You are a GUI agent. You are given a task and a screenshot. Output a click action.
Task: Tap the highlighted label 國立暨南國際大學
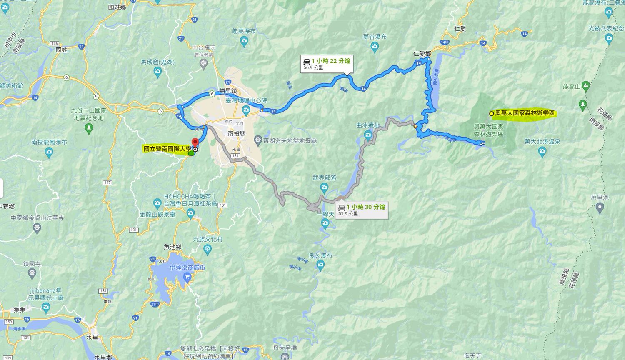(167, 149)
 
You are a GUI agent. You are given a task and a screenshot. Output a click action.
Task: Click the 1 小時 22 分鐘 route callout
(327, 63)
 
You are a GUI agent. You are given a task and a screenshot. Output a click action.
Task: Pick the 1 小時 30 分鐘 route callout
(362, 210)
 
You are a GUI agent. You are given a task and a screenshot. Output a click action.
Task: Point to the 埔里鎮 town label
(228, 91)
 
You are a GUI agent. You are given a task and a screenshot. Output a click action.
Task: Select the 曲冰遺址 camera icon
(368, 134)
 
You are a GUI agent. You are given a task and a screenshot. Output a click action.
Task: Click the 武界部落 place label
(325, 178)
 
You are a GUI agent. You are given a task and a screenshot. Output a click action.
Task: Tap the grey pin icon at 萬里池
(600, 207)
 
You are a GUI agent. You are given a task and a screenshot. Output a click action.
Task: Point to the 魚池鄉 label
(172, 247)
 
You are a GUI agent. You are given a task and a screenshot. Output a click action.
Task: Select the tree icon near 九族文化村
(208, 249)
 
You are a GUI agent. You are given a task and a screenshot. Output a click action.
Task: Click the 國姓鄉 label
(117, 7)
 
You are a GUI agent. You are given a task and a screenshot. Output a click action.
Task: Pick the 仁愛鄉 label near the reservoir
(422, 54)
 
